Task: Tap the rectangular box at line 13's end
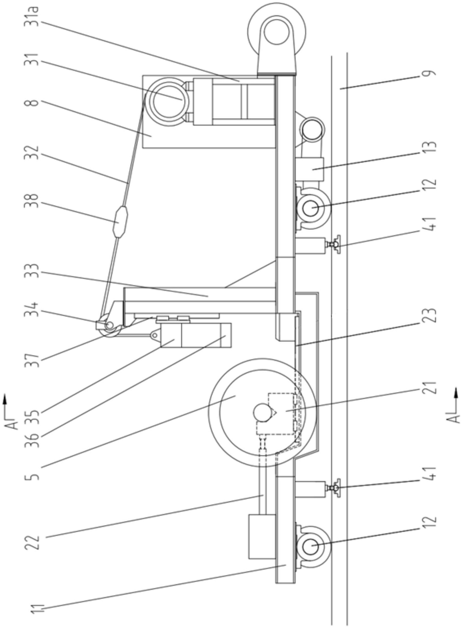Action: point(309,169)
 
